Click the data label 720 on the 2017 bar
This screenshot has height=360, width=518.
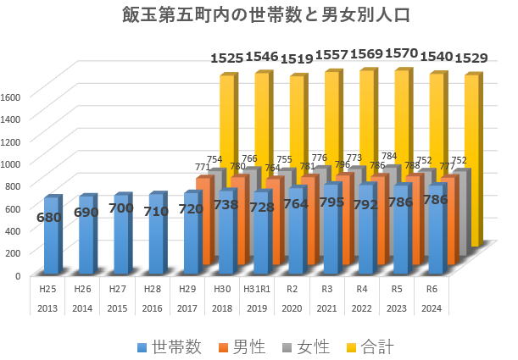coord(192,208)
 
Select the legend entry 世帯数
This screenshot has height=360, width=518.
coord(169,346)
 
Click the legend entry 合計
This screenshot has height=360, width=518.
coord(369,346)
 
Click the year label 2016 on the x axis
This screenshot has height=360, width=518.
coord(153,307)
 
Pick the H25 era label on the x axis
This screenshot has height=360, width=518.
coord(47,287)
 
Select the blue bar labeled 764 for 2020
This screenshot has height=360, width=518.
coord(296,241)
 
